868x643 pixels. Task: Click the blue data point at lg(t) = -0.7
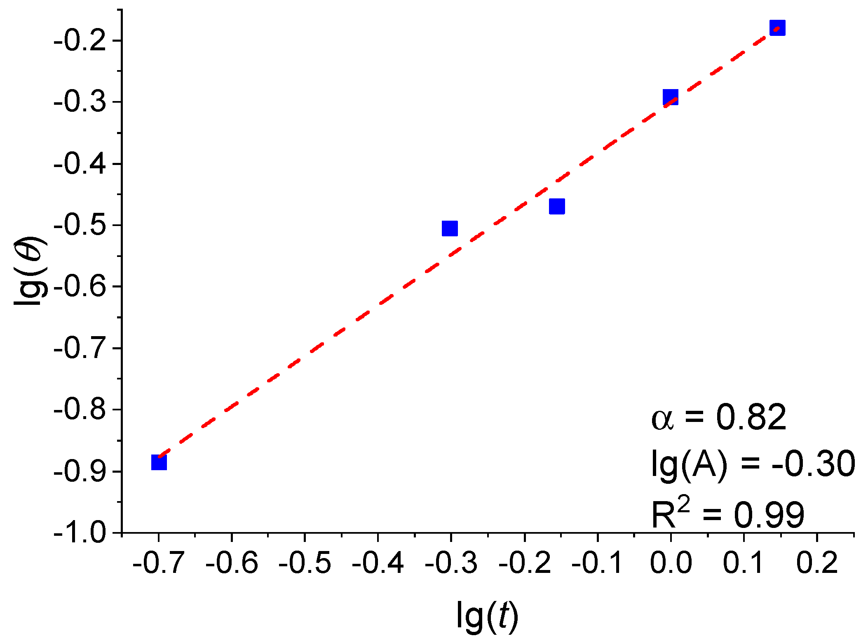(x=159, y=462)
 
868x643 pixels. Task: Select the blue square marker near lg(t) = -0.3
(x=450, y=228)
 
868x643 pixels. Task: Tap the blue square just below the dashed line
(x=557, y=206)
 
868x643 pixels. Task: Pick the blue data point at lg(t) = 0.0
(x=671, y=97)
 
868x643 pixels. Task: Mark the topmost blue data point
(x=777, y=28)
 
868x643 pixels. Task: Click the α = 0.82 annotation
(x=718, y=417)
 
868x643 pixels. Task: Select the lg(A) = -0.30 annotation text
(x=753, y=465)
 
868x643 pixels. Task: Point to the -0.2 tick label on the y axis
(x=80, y=41)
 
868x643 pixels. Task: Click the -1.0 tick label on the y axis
(x=80, y=533)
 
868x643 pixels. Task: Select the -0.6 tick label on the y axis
(x=80, y=287)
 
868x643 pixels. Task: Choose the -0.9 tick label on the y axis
(x=80, y=471)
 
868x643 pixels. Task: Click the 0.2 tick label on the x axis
(x=817, y=563)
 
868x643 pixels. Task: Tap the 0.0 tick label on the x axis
(x=671, y=563)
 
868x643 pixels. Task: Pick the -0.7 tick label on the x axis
(x=158, y=563)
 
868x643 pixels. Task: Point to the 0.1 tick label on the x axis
(x=744, y=563)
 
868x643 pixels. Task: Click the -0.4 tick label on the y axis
(x=80, y=164)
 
